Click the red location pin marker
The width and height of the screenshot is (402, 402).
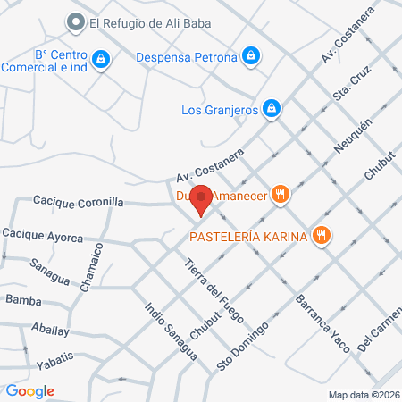point(202,201)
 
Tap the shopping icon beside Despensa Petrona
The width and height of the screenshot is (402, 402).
point(253,56)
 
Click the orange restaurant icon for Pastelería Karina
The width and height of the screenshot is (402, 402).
point(322,236)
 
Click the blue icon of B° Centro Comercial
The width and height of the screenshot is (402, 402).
point(102,59)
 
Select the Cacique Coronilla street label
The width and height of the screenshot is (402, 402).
point(78,203)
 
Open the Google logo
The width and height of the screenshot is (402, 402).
point(29,390)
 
